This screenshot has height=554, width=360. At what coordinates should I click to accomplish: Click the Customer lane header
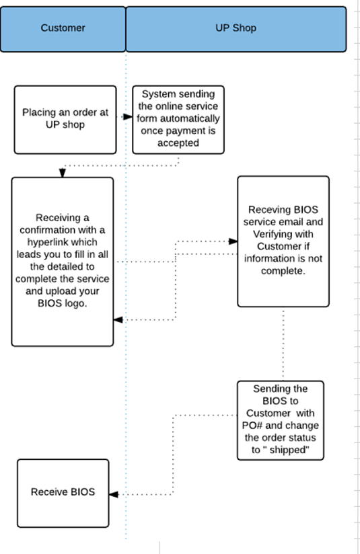(63, 29)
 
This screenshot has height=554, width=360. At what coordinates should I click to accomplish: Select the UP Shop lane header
(236, 29)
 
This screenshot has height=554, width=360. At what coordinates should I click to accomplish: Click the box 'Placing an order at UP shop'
(65, 120)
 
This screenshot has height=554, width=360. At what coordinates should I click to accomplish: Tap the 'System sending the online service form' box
(178, 120)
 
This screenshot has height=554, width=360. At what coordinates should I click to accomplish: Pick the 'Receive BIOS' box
(63, 493)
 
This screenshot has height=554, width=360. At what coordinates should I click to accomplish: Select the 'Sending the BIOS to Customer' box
(281, 420)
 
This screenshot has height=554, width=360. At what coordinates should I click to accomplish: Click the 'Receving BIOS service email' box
(283, 241)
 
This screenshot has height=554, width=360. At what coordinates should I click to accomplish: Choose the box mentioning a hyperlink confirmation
(62, 262)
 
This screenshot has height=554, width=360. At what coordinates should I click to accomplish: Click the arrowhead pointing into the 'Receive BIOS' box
(114, 494)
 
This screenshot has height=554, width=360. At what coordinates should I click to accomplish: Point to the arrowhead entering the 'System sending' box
(128, 116)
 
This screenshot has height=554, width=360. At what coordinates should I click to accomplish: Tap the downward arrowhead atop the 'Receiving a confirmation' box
(62, 173)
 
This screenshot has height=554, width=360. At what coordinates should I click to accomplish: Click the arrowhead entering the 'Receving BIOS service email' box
(233, 241)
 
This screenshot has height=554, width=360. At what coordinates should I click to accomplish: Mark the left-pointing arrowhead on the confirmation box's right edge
(118, 320)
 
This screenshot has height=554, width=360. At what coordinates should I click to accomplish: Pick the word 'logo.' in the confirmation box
(76, 303)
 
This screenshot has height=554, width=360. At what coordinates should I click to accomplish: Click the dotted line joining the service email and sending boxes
(283, 344)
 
